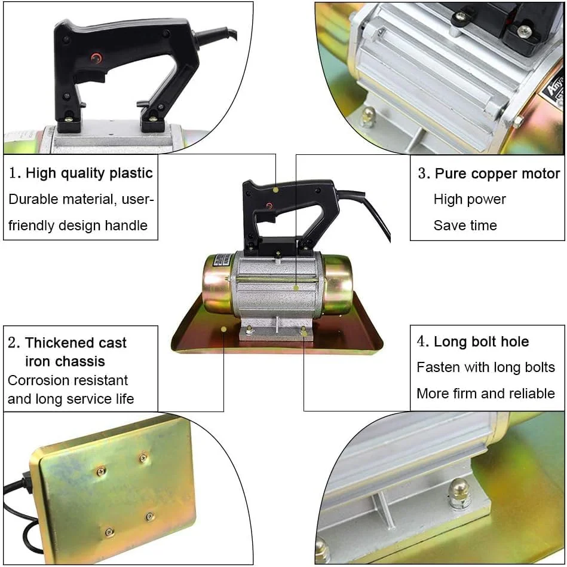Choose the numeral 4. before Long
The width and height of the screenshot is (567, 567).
point(423,342)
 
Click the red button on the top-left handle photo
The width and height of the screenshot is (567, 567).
point(96,58)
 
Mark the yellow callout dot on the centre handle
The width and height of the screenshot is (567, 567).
point(275,190)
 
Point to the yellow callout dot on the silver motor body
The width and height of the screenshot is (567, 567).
point(296,288)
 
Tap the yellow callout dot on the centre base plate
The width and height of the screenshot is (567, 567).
point(224,329)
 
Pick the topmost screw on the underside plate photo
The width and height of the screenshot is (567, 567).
point(143,458)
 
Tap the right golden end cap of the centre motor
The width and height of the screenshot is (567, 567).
point(338,284)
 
